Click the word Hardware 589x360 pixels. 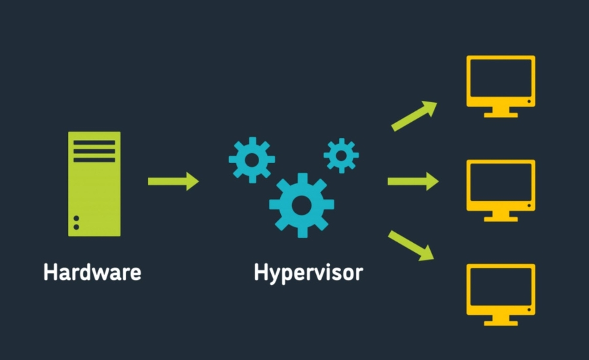(x=92, y=272)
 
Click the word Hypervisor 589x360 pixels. (x=308, y=272)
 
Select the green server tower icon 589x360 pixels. (x=94, y=184)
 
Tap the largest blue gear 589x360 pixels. (x=301, y=205)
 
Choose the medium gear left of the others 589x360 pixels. (x=251, y=160)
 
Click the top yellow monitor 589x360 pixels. (x=501, y=81)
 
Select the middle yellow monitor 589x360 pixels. (x=501, y=185)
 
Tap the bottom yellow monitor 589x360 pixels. (x=501, y=289)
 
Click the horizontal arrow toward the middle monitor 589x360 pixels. (x=413, y=181)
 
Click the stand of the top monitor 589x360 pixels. (x=501, y=113)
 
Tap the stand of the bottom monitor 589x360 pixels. (x=501, y=321)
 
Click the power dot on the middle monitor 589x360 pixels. (x=529, y=206)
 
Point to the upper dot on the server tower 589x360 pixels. (x=77, y=218)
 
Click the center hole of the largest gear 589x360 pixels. (x=301, y=205)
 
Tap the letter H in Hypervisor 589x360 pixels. (x=261, y=272)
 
